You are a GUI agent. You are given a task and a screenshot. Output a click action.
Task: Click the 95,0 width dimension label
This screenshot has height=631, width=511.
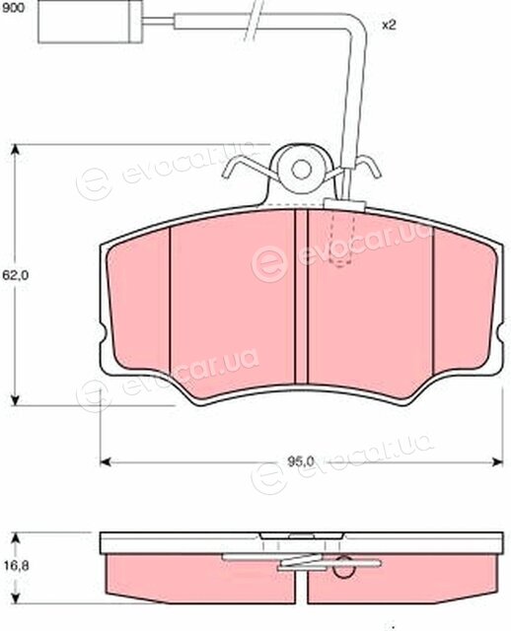(x=301, y=461)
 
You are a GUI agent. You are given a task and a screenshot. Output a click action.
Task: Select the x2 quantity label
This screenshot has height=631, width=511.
(x=389, y=26)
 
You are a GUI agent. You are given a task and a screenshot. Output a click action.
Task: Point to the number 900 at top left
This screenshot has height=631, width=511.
(x=13, y=8)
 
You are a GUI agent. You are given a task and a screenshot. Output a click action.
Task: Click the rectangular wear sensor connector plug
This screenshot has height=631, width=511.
(x=90, y=22)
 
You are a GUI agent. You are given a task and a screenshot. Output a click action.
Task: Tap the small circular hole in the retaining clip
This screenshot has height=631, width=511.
(x=301, y=170)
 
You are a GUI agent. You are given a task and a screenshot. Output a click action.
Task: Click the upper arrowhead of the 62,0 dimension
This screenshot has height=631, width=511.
(x=15, y=151)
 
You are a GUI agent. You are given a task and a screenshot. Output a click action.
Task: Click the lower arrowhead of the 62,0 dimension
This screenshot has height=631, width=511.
(x=15, y=399)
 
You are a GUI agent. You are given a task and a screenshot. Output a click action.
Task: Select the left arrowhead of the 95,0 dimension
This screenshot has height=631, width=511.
(x=106, y=461)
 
